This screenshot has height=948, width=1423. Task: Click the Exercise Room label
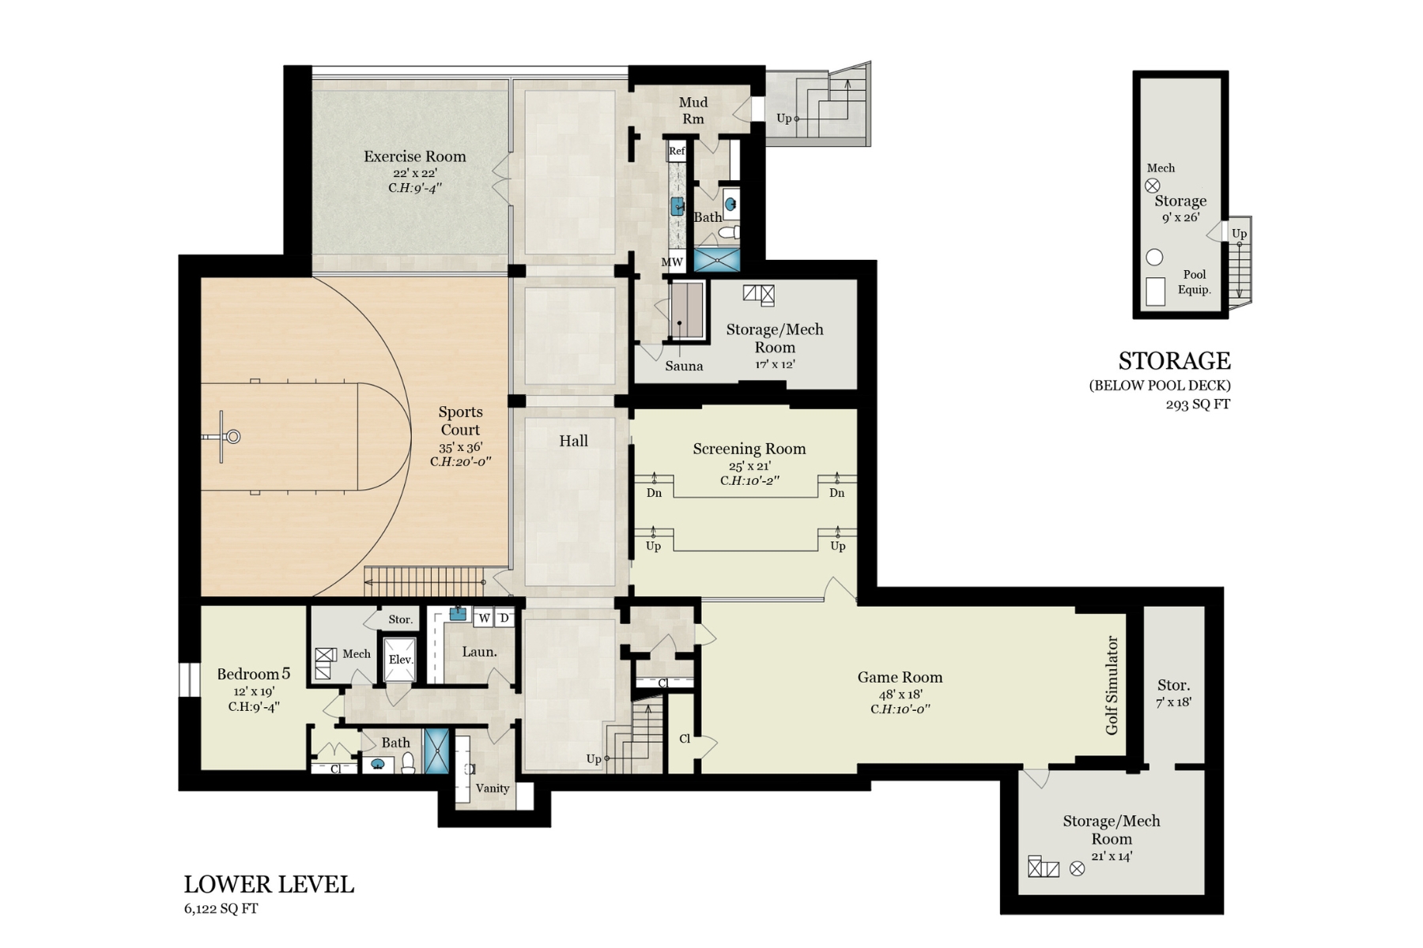point(414,156)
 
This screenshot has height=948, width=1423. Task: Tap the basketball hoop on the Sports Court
point(233,436)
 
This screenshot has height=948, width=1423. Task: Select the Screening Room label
point(749,449)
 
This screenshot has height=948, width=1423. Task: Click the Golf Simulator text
point(1112,685)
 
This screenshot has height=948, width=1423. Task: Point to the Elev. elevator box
point(400,659)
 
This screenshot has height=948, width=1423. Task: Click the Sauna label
point(684,366)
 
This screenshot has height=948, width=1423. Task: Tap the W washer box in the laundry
point(484,618)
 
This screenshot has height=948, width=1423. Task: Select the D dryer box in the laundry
point(504,618)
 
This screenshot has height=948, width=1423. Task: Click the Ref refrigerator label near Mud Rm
point(677,151)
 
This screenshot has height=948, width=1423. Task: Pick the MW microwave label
point(672,262)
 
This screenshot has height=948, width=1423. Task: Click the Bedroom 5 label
point(254,674)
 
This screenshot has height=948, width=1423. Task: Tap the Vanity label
point(493,788)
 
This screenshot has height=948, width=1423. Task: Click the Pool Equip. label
point(1195,282)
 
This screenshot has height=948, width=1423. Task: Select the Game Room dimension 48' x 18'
point(900,694)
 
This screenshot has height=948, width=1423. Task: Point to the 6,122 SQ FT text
point(221,908)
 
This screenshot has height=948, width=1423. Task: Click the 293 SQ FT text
point(1198,404)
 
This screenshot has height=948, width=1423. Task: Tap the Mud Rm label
point(693,111)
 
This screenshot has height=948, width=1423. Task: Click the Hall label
point(574,441)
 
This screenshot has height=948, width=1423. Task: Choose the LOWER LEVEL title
point(269,884)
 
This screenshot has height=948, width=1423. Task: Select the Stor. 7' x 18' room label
point(1174,693)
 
